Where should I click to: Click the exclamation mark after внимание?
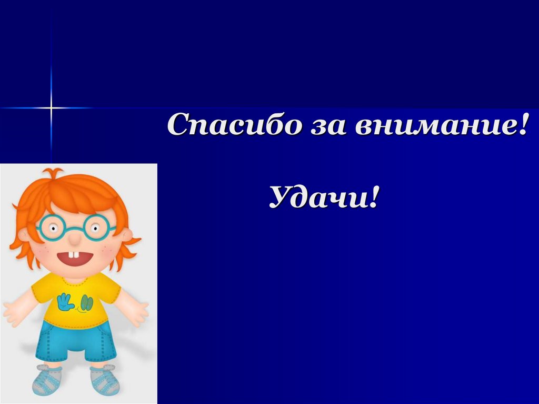[x=521, y=125]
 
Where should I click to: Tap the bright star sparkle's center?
[x=52, y=108]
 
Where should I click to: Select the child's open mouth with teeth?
[x=75, y=258]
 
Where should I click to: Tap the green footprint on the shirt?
[x=86, y=303]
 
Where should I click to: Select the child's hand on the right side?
[x=138, y=313]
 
